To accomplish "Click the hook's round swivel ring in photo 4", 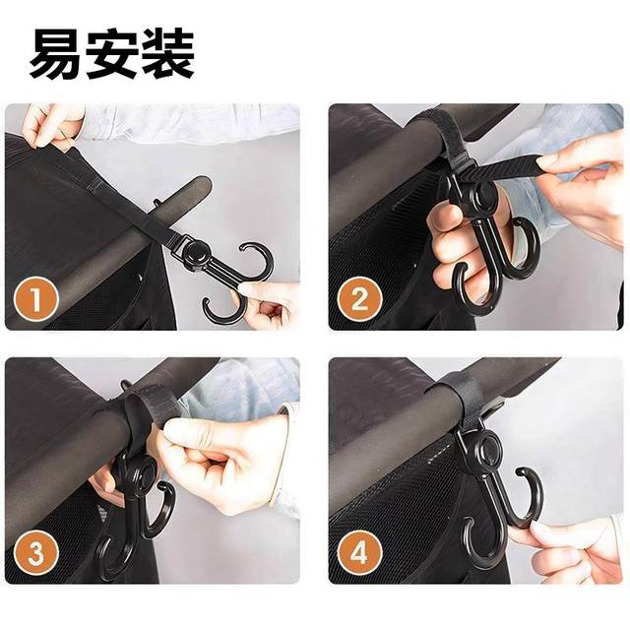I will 485,453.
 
